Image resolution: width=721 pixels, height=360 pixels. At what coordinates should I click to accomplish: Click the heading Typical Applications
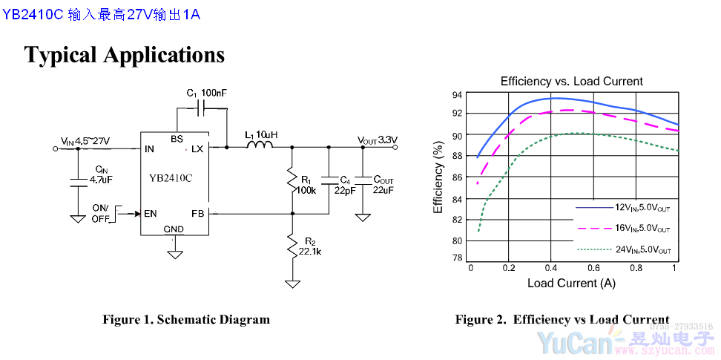[124, 54]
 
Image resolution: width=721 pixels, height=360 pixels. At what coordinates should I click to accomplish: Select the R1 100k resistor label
[306, 185]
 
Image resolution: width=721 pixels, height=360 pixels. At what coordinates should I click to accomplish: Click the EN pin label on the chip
[151, 214]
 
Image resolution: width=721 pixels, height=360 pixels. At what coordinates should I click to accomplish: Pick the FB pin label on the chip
[197, 214]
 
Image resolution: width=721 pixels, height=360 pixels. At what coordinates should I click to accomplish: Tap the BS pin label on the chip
[177, 139]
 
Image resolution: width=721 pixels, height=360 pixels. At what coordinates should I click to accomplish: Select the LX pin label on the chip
[197, 149]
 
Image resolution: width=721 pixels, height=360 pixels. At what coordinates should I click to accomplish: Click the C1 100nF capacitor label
[207, 93]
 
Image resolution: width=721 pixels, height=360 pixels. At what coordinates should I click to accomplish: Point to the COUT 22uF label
[383, 185]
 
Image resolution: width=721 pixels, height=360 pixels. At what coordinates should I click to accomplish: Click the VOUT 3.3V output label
[377, 140]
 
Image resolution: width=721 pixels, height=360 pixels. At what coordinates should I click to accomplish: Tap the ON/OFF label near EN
[100, 213]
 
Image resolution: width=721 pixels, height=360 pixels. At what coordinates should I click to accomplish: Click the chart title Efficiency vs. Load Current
[571, 81]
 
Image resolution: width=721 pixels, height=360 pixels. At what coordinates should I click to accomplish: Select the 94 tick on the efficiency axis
[458, 95]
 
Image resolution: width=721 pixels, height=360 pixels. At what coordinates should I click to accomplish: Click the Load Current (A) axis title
[571, 283]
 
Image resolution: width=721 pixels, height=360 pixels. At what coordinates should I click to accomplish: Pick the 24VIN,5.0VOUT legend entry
[642, 250]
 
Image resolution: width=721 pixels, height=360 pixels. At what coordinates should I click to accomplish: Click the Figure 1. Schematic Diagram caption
[186, 320]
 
